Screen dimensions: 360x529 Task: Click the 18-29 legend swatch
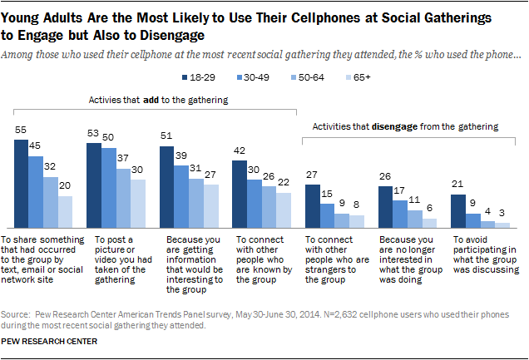pyautogui.click(x=185, y=76)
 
